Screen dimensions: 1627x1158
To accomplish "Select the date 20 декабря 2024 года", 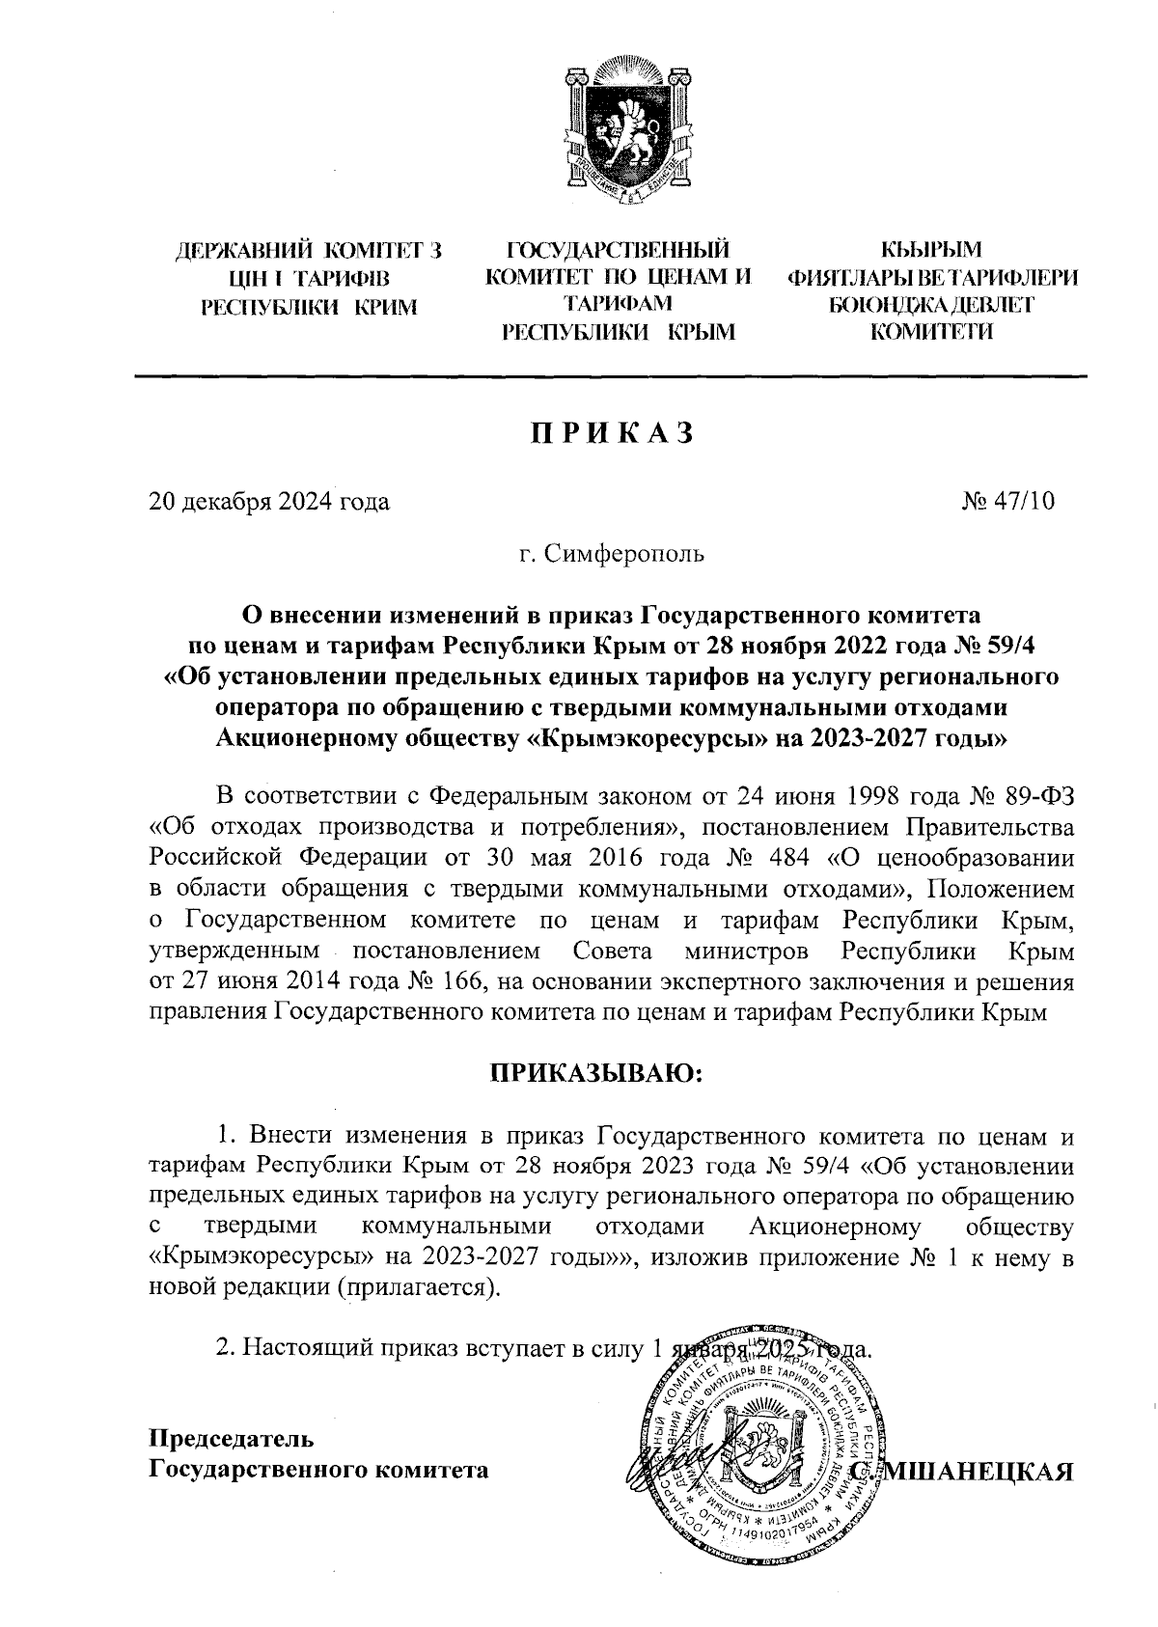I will (269, 502).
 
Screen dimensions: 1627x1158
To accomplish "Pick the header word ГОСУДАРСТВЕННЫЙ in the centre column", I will (618, 253).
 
